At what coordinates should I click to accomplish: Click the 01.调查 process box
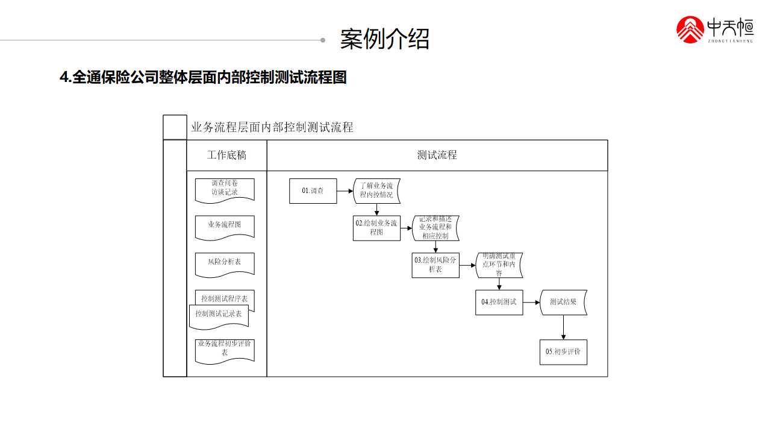pyautogui.click(x=313, y=191)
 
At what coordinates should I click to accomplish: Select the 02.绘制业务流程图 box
pyautogui.click(x=376, y=228)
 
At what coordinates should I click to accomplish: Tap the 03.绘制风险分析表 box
pyautogui.click(x=435, y=265)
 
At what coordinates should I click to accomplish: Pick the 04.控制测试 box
pyautogui.click(x=499, y=302)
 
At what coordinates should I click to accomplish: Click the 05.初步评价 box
pyautogui.click(x=563, y=352)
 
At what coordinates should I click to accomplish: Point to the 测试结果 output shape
pyautogui.click(x=563, y=302)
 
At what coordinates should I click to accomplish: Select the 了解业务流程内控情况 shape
pyautogui.click(x=376, y=190)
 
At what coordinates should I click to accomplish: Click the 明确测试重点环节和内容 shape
pyautogui.click(x=499, y=265)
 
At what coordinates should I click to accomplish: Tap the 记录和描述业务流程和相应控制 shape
pyautogui.click(x=435, y=228)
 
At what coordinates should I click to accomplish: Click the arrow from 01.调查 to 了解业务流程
pyautogui.click(x=345, y=191)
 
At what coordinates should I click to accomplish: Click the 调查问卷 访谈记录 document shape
pyautogui.click(x=225, y=189)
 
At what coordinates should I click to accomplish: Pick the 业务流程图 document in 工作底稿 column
pyautogui.click(x=225, y=225)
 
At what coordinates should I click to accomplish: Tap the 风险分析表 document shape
pyautogui.click(x=225, y=263)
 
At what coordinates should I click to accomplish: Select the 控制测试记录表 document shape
pyautogui.click(x=219, y=315)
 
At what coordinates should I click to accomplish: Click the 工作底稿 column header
pyautogui.click(x=226, y=156)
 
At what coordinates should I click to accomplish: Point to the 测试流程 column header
pyautogui.click(x=437, y=156)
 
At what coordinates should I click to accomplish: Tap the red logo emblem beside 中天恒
pyautogui.click(x=690, y=30)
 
